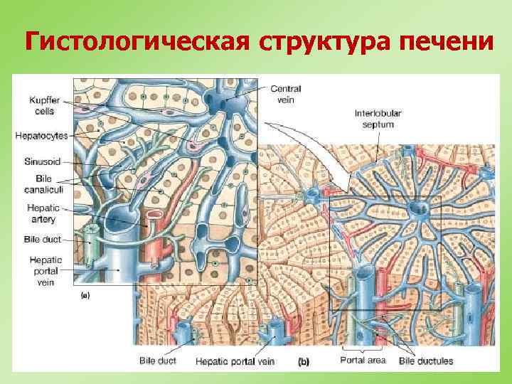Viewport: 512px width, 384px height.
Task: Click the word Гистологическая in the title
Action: [x=135, y=43]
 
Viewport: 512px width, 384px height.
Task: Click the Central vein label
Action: [x=286, y=94]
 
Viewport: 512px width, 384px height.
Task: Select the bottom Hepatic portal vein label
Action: [x=234, y=361]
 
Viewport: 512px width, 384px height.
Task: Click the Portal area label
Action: [x=363, y=361]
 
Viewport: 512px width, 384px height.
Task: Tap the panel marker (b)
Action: [x=304, y=362]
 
